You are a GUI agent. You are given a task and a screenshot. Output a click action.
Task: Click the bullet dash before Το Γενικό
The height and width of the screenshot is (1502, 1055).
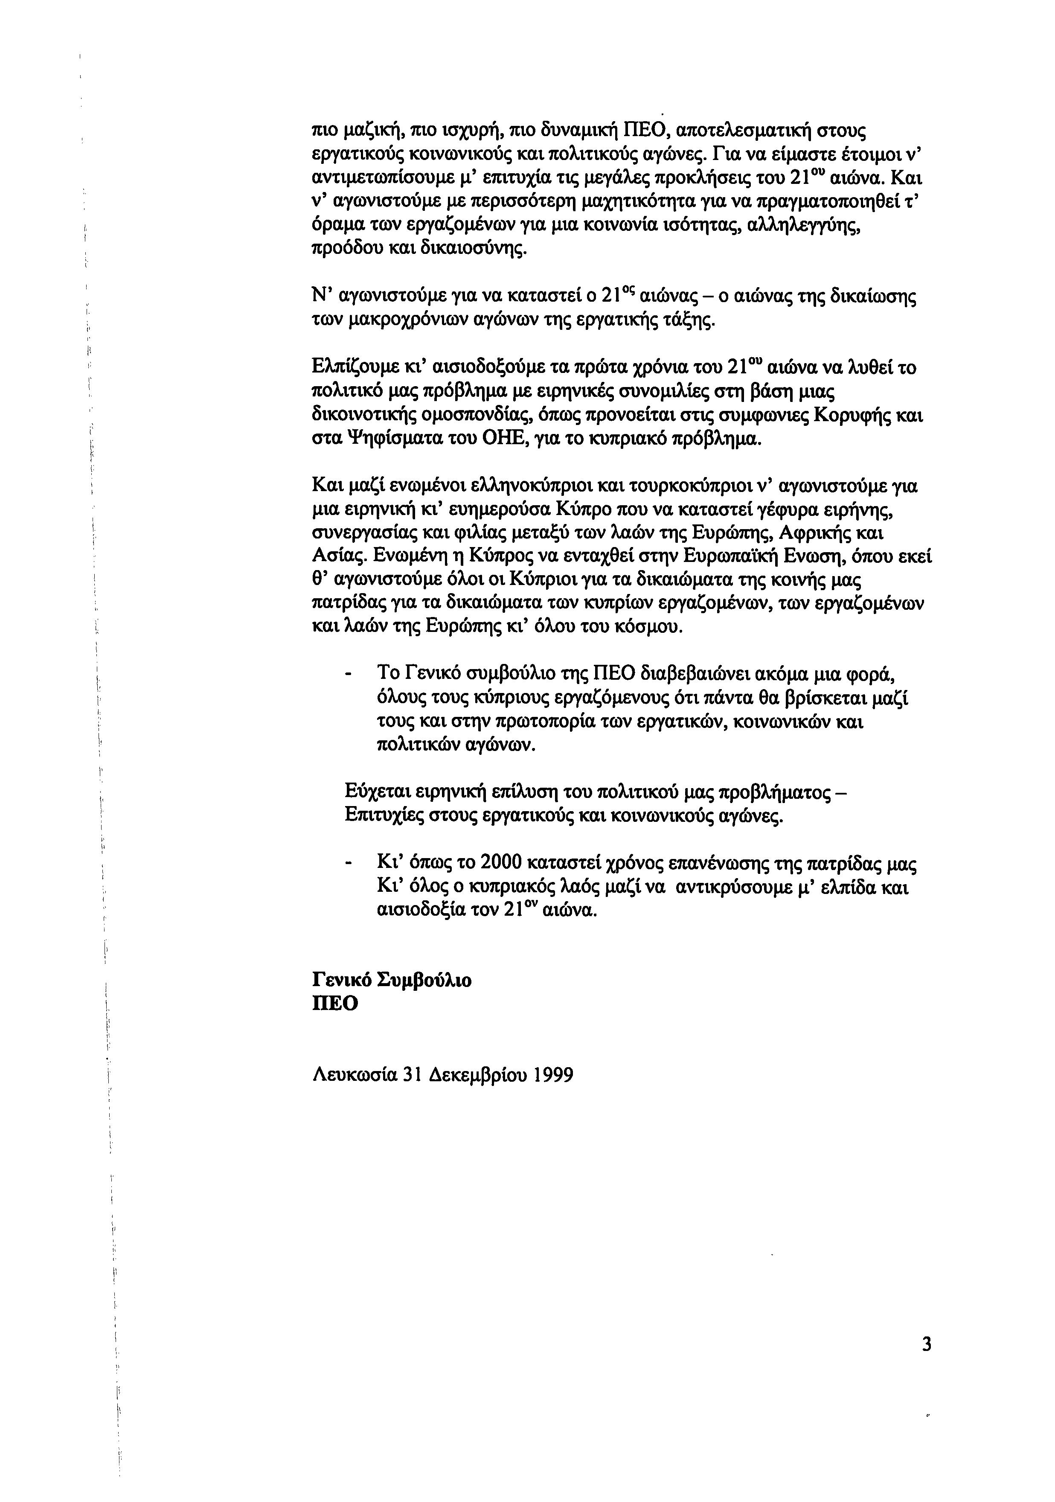349,675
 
